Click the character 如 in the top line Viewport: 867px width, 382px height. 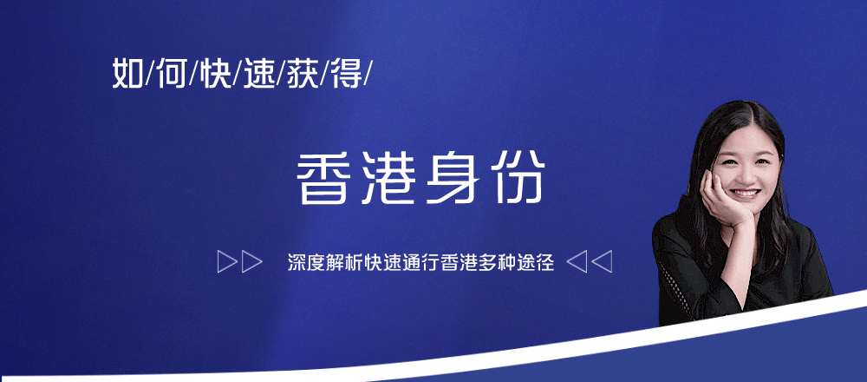(x=127, y=73)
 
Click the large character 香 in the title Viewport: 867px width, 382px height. (x=323, y=178)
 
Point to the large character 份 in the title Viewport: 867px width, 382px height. (x=518, y=178)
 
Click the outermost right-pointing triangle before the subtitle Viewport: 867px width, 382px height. (x=225, y=262)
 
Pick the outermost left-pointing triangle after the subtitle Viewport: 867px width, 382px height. (x=603, y=262)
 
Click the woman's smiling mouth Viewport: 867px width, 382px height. (x=744, y=193)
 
